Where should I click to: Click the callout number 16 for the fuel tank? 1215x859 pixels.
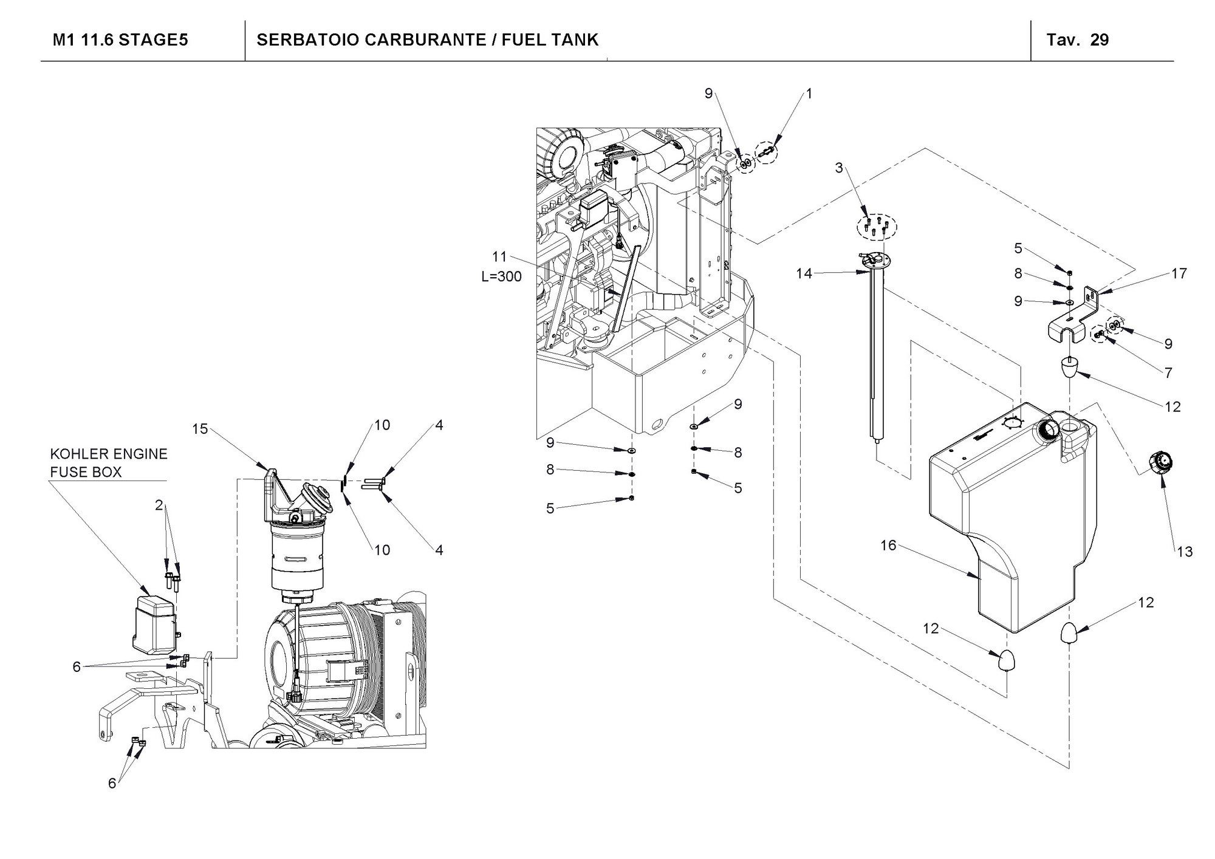pyautogui.click(x=888, y=546)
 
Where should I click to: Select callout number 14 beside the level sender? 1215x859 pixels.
pyautogui.click(x=804, y=274)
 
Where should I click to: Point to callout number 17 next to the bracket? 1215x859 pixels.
pyautogui.click(x=1179, y=274)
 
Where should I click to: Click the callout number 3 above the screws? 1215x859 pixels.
pyautogui.click(x=839, y=168)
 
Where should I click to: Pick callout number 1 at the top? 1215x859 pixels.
pyautogui.click(x=809, y=94)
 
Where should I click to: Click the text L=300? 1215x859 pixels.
pyautogui.click(x=501, y=276)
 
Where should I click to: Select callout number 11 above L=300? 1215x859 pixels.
pyautogui.click(x=499, y=257)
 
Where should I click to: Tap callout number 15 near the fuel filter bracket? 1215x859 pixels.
pyautogui.click(x=200, y=429)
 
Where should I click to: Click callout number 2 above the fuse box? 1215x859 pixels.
pyautogui.click(x=159, y=505)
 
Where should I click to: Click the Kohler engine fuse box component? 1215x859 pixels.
pyautogui.click(x=155, y=623)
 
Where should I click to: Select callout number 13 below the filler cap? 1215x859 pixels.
pyautogui.click(x=1185, y=552)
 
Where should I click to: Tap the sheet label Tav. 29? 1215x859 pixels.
pyautogui.click(x=1078, y=40)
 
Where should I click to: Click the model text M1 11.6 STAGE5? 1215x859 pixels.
pyautogui.click(x=120, y=40)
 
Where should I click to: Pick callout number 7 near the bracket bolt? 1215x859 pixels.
pyautogui.click(x=1168, y=372)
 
